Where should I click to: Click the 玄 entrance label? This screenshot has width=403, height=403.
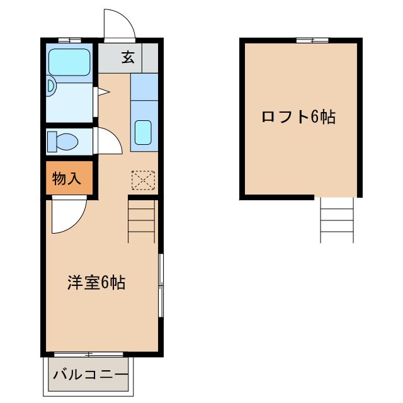coord(128,57)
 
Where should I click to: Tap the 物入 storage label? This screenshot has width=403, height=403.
coord(66,178)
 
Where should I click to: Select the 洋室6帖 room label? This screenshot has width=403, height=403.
coord(96,283)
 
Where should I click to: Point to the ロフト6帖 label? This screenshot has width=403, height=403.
coord(298,116)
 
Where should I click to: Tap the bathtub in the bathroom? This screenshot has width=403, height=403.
coord(70,61)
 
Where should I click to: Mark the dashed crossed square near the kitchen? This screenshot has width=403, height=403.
coord(143,181)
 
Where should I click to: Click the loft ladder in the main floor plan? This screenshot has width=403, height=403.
coord(142,220)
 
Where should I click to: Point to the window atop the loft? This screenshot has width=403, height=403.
coord(312,40)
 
